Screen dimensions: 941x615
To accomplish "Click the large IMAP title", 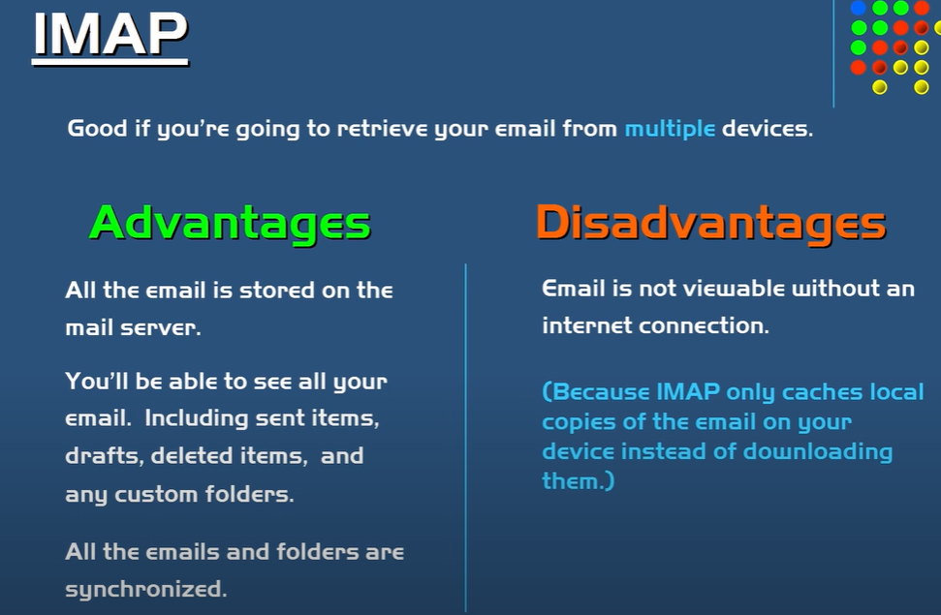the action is pyautogui.click(x=110, y=34).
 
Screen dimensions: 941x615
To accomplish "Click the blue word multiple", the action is pyautogui.click(x=670, y=129).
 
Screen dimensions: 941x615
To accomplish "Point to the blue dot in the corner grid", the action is pyautogui.click(x=859, y=8).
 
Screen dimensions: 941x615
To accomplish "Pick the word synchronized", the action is pyautogui.click(x=145, y=589).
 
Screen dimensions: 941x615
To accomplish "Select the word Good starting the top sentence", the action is pyautogui.click(x=97, y=129).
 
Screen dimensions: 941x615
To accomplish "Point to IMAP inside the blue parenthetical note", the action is pyautogui.click(x=688, y=392).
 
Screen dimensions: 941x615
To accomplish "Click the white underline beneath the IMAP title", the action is pyautogui.click(x=110, y=61).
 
